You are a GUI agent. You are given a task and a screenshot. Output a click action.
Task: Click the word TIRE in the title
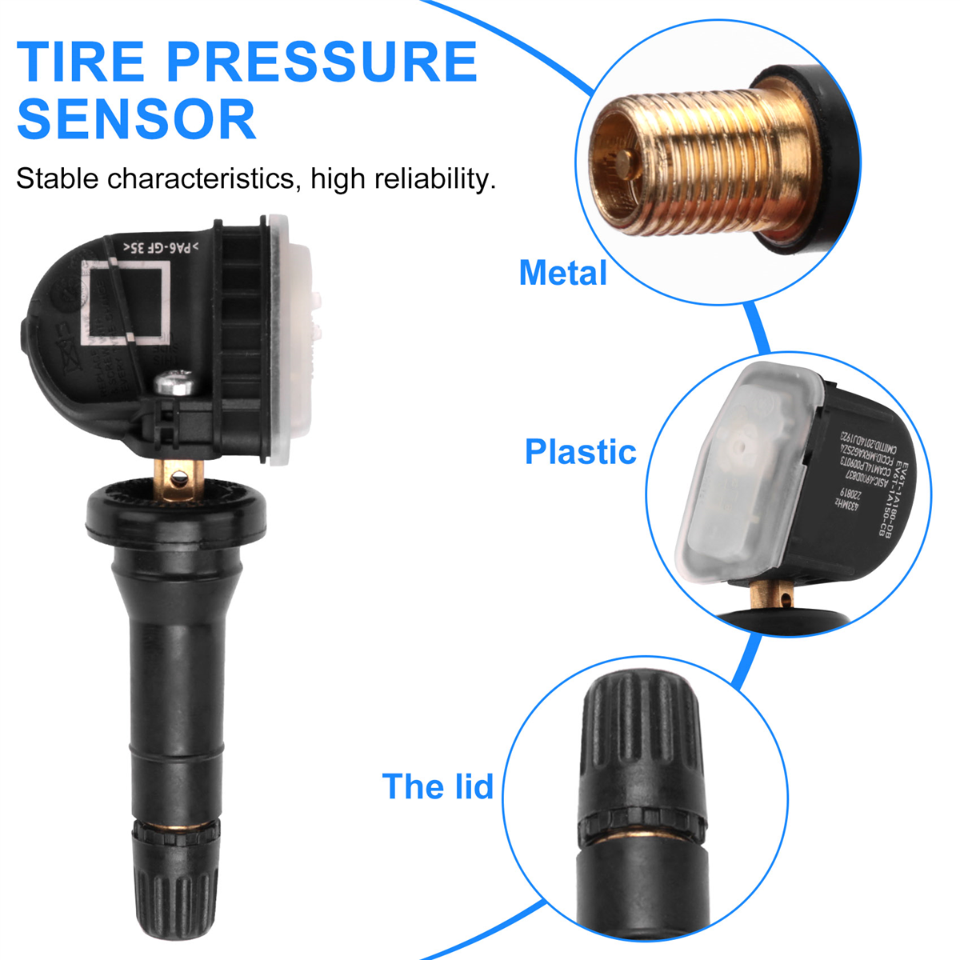81,62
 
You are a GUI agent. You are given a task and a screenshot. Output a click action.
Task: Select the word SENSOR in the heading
136,120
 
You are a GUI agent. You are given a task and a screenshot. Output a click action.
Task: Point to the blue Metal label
563,273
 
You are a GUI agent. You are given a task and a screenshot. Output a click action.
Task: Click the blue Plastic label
580,452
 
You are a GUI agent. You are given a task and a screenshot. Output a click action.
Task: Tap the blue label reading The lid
438,786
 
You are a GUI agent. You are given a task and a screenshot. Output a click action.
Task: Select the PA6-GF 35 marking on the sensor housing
160,247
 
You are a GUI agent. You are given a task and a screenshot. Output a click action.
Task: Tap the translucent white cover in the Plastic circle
740,472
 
